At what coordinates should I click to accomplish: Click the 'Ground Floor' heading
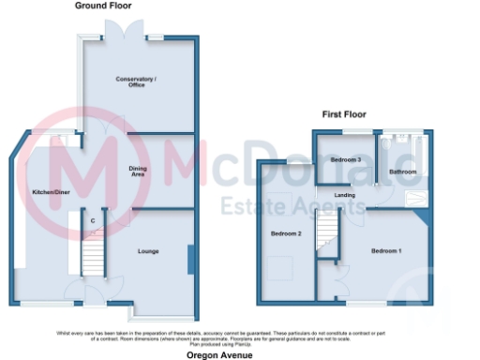point(103,6)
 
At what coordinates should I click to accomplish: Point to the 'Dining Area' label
point(137,171)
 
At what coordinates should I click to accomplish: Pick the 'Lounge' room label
point(147,250)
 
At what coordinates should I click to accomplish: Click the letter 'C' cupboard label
point(93,220)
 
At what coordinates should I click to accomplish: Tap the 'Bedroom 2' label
point(285,232)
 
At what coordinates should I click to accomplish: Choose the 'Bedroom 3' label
point(346,159)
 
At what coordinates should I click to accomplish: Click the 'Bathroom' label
point(403,172)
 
